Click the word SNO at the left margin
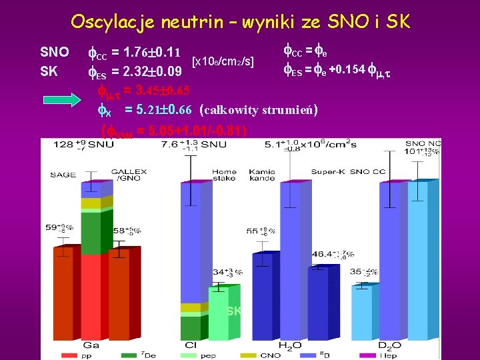tap(55, 52)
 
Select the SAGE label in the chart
tap(63, 175)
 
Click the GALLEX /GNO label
tap(129, 175)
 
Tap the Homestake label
tap(224, 175)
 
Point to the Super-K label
tap(327, 172)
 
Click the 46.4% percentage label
tap(331, 254)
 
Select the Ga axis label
tap(91, 346)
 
